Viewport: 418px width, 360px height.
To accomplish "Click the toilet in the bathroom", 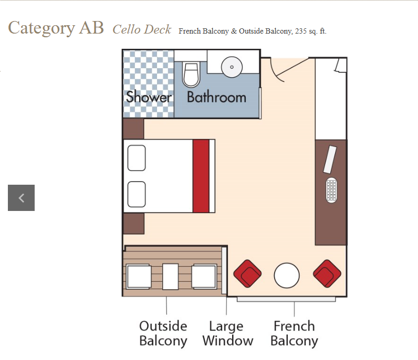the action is [191, 75].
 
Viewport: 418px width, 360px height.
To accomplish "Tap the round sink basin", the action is [232, 67].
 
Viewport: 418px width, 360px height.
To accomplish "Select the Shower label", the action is [149, 97].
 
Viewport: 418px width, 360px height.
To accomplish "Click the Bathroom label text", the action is [216, 97].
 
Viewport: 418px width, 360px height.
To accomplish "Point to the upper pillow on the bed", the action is [137, 158].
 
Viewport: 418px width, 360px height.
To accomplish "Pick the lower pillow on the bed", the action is [137, 194].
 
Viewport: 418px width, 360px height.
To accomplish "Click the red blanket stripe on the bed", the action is [201, 176].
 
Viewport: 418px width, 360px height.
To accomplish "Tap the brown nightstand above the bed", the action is [133, 129].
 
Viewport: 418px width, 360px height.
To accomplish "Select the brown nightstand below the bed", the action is [133, 224].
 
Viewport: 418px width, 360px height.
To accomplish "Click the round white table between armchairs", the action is [287, 276].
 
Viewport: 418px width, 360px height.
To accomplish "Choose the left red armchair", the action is [247, 273].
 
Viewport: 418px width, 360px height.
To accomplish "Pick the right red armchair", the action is [327, 273].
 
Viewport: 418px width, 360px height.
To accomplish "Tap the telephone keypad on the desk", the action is [331, 190].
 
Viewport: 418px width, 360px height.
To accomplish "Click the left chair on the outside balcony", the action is [138, 277].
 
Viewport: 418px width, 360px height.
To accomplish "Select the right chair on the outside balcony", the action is [204, 277].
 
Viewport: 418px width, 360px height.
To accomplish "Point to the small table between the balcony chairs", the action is [170, 277].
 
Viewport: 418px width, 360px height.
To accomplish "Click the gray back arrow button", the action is [22, 198].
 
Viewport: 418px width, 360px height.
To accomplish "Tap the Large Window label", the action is [228, 333].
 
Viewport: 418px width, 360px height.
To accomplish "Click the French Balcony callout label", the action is [294, 334].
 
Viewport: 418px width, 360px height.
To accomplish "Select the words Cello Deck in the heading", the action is [142, 29].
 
